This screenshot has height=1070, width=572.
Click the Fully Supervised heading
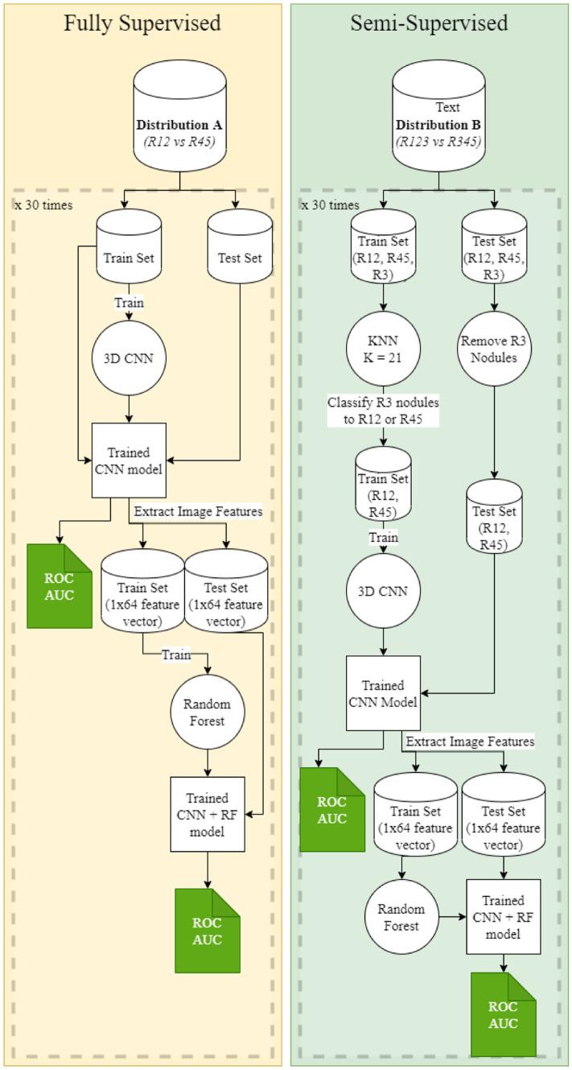[142, 23]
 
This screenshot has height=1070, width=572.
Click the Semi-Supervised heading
[429, 23]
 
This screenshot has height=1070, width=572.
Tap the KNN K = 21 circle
[383, 349]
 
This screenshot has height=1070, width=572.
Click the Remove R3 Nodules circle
[494, 349]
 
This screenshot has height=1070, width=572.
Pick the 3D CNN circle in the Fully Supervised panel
[130, 358]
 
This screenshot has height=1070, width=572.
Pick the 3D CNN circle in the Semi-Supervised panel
[383, 591]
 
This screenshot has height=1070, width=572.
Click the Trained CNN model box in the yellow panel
[129, 461]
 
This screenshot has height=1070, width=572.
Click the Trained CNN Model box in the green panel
[383, 693]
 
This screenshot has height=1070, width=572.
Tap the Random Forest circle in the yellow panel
[208, 712]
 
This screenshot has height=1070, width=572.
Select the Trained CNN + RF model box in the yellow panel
[208, 814]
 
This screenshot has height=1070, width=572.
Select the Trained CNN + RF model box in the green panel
[504, 917]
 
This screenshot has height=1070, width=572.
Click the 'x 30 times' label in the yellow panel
[43, 205]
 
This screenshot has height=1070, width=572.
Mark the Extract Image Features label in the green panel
[470, 741]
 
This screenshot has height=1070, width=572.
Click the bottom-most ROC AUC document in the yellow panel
[208, 931]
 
